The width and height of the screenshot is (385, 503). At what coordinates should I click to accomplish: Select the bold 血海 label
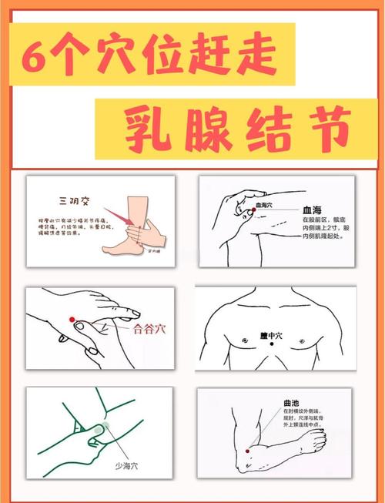coord(313,209)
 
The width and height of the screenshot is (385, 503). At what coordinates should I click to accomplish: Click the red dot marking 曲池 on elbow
coord(246,450)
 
